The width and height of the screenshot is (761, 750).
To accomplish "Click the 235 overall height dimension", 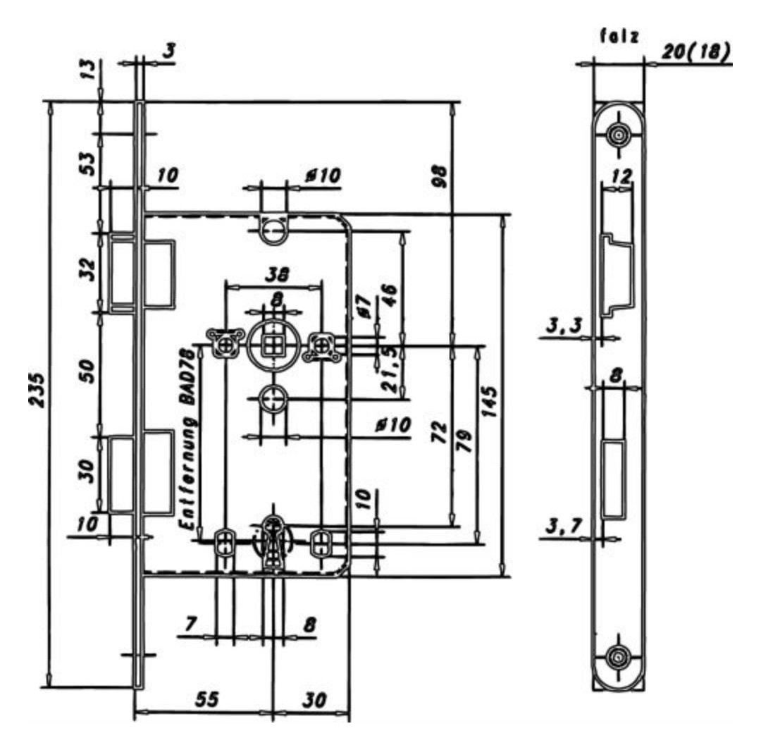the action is pos(37,389).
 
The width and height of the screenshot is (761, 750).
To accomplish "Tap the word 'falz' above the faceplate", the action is pos(620,36).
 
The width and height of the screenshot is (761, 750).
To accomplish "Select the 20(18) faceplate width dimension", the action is pos(695,51).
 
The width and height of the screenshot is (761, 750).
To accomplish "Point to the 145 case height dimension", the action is pos(490,402).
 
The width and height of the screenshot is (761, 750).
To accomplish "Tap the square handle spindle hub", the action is pos(272,346).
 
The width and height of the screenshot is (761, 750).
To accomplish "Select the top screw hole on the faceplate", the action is pos(619,135).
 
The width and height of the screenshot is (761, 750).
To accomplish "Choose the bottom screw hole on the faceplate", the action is pos(619,657).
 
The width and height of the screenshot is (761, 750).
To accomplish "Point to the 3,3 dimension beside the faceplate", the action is pos(564,325).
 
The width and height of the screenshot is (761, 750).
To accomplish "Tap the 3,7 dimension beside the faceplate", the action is pos(564,526).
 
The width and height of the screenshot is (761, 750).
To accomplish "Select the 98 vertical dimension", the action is pos(439,176).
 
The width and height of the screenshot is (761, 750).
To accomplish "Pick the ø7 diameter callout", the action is pos(365,307).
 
